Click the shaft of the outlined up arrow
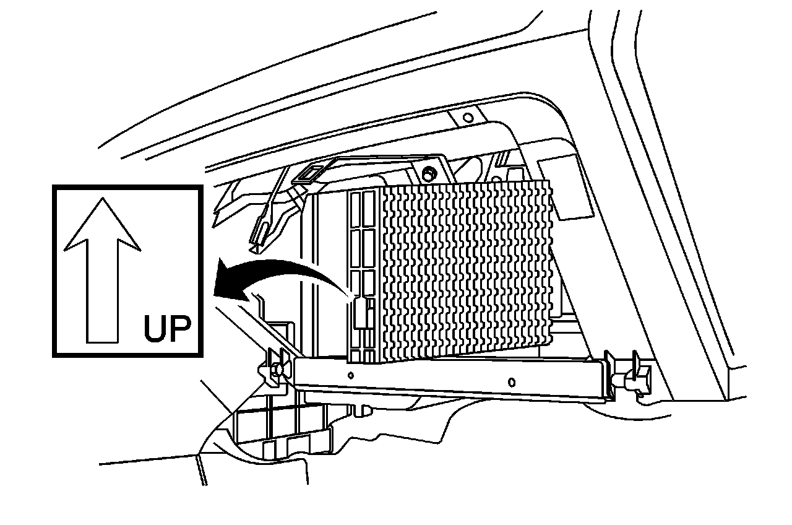(102, 291)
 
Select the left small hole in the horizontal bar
(351, 375)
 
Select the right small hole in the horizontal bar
(511, 381)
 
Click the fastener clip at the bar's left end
(275, 368)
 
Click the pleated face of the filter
(464, 266)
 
